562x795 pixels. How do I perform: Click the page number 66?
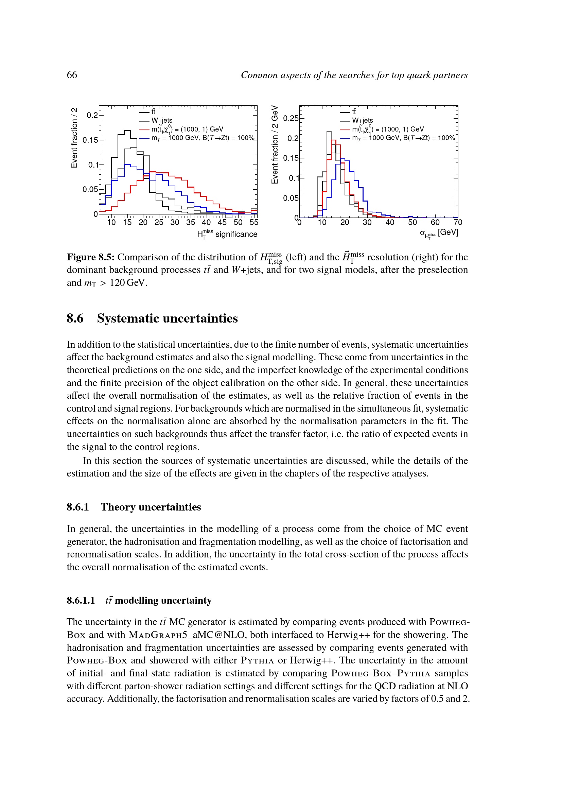[x=72, y=75]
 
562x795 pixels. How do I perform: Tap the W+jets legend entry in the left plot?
[x=162, y=121]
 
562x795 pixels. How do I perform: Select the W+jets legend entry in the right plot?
[x=362, y=121]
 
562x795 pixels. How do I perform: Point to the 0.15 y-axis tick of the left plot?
[x=90, y=140]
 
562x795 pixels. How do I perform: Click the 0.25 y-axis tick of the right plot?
[x=291, y=118]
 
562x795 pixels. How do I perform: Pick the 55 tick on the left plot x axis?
[x=254, y=222]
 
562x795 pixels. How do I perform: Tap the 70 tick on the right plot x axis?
[x=458, y=222]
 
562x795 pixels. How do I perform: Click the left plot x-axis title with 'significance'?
[x=227, y=235]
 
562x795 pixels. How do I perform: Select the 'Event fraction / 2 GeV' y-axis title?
[x=275, y=145]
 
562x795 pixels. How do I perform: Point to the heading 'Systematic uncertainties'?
[x=168, y=318]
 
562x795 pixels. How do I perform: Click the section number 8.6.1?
[x=78, y=507]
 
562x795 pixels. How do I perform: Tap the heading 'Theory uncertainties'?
[x=151, y=507]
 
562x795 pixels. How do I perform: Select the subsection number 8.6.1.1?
[x=81, y=600]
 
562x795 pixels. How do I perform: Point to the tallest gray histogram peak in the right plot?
[x=329, y=132]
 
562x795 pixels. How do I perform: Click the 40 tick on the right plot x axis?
[x=390, y=222]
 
